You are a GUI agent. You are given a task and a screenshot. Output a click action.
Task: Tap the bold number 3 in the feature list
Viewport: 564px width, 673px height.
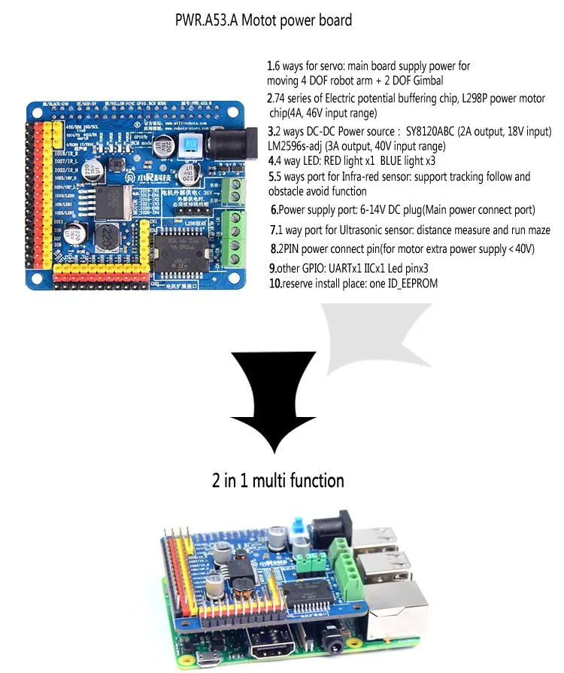[270, 132]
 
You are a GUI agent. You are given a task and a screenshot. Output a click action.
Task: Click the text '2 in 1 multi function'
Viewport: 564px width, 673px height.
[277, 480]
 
